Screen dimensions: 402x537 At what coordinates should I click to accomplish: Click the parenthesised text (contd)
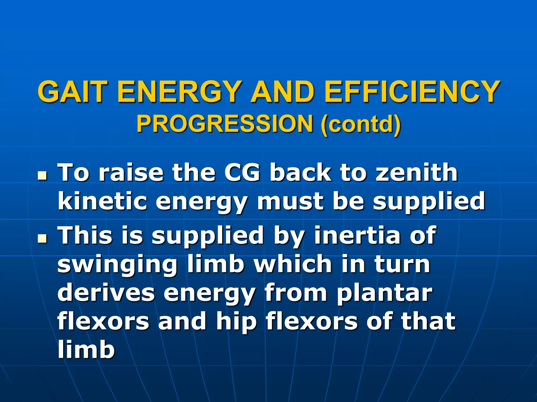pos(361,124)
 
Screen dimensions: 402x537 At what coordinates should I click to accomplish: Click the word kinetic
pos(102,201)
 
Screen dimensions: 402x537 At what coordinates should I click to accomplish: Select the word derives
pos(106,293)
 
